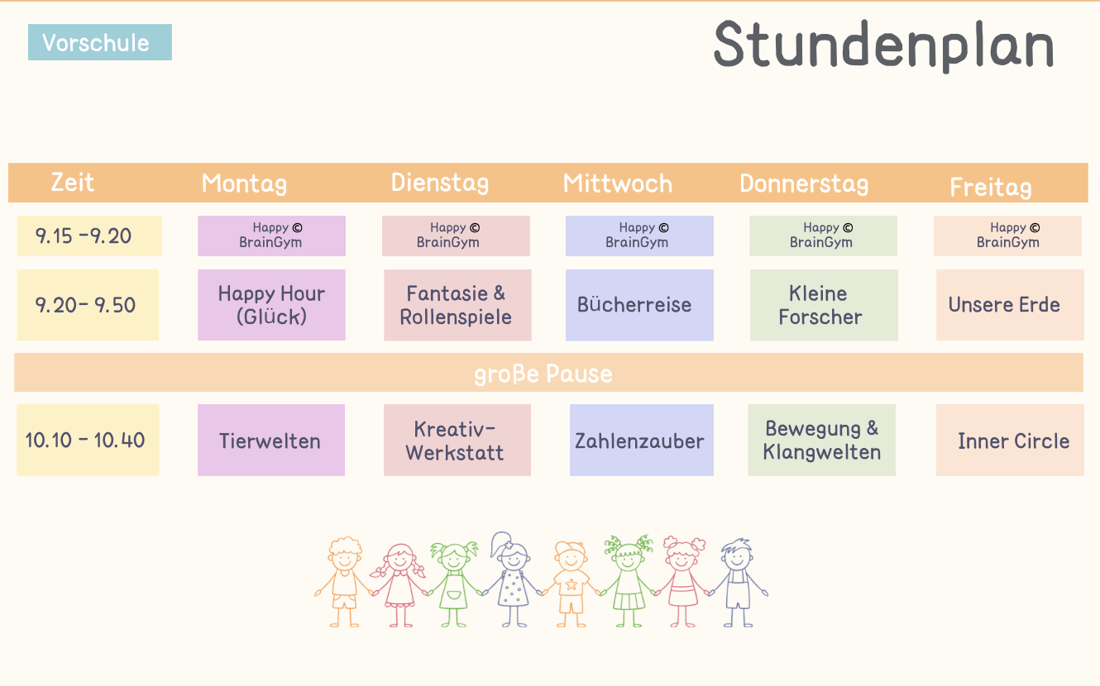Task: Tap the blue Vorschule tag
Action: pyautogui.click(x=99, y=43)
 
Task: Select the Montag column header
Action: pyautogui.click(x=244, y=183)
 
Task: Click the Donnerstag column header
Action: pyautogui.click(x=803, y=183)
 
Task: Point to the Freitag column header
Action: pyautogui.click(x=990, y=186)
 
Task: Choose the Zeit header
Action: pyautogui.click(x=73, y=182)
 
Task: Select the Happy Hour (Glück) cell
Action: pyautogui.click(x=271, y=305)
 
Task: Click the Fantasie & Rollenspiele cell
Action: pyautogui.click(x=457, y=305)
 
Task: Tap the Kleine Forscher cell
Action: pyautogui.click(x=823, y=305)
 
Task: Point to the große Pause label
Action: pyautogui.click(x=543, y=374)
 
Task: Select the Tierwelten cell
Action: pyautogui.click(x=270, y=441)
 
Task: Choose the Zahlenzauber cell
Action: pyautogui.click(x=641, y=441)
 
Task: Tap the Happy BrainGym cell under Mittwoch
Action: pyautogui.click(x=638, y=236)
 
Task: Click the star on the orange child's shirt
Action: pyautogui.click(x=571, y=585)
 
